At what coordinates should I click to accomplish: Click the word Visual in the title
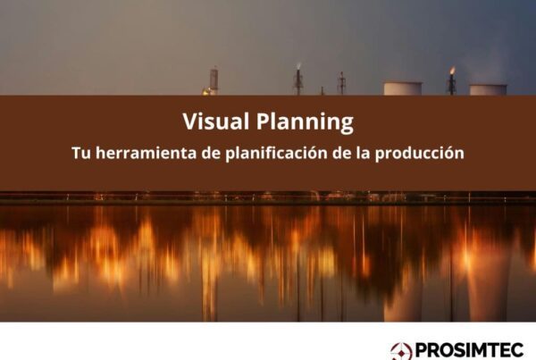click(x=215, y=121)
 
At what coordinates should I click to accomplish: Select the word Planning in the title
click(x=305, y=122)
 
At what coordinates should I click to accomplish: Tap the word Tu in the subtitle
click(x=81, y=153)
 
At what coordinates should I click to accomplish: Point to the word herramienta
click(x=147, y=153)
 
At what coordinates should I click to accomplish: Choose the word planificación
click(x=276, y=154)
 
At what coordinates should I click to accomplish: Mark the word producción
click(x=420, y=154)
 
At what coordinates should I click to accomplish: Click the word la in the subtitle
click(x=363, y=153)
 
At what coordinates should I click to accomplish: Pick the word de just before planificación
click(x=211, y=153)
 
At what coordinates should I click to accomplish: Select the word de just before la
click(x=341, y=153)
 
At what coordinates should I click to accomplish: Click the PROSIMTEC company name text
click(x=469, y=350)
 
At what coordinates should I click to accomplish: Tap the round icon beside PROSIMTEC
click(x=401, y=351)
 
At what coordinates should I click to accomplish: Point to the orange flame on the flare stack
click(x=452, y=71)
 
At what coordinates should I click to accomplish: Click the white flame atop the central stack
click(x=298, y=66)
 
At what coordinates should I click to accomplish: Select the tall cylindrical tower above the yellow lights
click(x=214, y=80)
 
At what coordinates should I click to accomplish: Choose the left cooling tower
click(x=403, y=88)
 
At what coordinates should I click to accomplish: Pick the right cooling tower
click(x=488, y=90)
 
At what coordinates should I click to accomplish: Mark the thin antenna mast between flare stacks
click(x=341, y=83)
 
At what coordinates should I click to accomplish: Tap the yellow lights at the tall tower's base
click(x=207, y=92)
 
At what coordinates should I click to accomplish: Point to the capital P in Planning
click(x=263, y=121)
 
